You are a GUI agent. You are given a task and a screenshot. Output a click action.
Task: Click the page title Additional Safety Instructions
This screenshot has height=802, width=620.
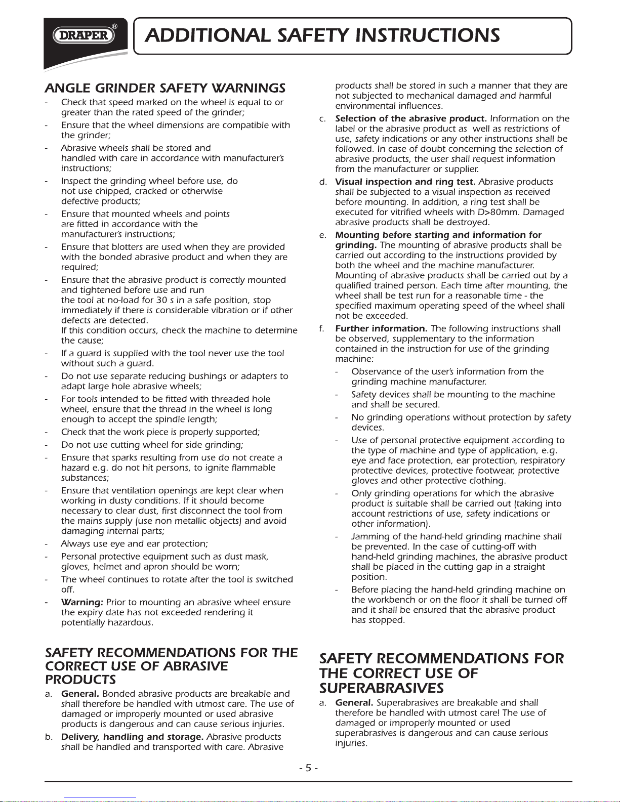point(322,35)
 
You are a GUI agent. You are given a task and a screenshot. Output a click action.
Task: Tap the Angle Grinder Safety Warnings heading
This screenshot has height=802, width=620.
point(165,88)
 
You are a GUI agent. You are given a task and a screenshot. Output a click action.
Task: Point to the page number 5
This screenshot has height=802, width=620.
point(308,768)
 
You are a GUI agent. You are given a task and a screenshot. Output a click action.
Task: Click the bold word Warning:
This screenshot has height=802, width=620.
point(82,602)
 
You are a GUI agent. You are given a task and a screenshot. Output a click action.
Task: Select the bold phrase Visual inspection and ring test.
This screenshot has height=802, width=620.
point(405,182)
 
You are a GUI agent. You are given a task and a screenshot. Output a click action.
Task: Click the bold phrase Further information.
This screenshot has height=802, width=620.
point(381,328)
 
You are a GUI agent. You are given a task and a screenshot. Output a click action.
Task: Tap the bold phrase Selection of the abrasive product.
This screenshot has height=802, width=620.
point(411,118)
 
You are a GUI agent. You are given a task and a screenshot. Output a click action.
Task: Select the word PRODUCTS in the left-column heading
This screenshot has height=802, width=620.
point(80,680)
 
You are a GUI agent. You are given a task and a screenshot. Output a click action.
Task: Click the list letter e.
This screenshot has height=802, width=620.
point(322,235)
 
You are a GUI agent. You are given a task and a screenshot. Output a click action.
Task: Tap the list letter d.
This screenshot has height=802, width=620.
point(322,182)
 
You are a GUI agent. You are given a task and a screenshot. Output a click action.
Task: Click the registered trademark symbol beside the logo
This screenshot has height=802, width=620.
point(115,26)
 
